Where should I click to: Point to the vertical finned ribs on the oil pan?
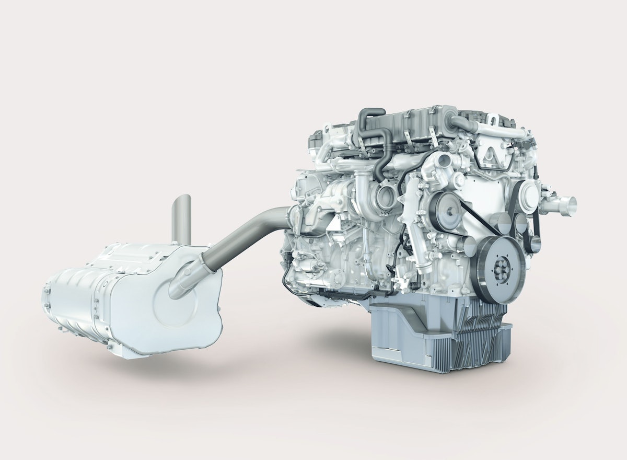[478, 335]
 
